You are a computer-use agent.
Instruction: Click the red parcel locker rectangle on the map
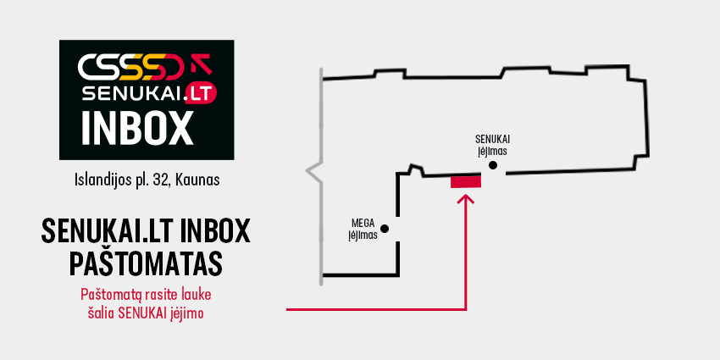[466, 182]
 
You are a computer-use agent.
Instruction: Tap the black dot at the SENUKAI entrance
[493, 165]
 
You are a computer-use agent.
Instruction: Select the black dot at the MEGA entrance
[385, 228]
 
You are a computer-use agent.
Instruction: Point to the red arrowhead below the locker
[467, 199]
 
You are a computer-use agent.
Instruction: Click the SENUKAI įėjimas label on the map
[493, 144]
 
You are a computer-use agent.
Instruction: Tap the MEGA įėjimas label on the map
[363, 230]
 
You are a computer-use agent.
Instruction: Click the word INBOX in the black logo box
[138, 128]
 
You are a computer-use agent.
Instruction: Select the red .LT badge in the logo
[200, 94]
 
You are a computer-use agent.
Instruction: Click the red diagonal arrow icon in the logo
[202, 64]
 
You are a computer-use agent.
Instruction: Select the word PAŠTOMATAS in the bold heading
[146, 263]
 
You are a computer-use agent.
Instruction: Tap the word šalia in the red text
[102, 313]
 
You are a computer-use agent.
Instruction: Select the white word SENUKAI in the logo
[133, 94]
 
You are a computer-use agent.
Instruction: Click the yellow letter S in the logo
[138, 66]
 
